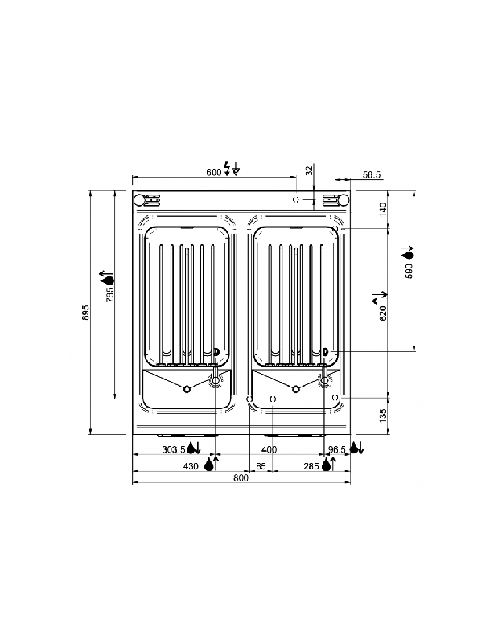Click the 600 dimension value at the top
(213, 172)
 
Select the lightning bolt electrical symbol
(227, 169)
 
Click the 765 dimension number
(110, 295)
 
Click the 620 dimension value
(383, 312)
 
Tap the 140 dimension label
(383, 209)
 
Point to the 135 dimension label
(383, 416)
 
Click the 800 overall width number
(241, 477)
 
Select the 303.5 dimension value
(173, 449)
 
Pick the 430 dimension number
(191, 465)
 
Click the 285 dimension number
(311, 465)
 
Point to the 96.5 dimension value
(336, 449)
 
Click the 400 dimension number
(269, 449)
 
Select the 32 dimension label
(309, 170)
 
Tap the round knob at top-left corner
(139, 200)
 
